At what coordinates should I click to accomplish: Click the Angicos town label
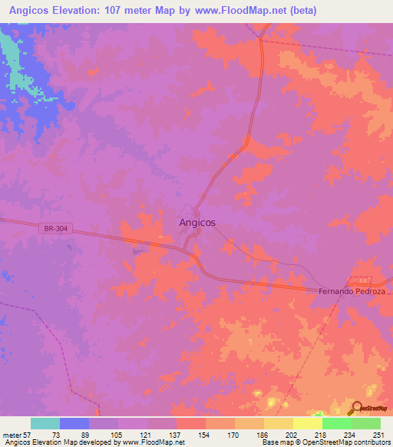196,222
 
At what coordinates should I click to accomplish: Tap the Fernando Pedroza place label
355,293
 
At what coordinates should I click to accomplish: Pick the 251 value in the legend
379,434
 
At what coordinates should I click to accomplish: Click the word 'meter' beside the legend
11,434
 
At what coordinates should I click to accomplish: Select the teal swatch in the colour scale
45,423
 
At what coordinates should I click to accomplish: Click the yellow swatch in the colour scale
278,423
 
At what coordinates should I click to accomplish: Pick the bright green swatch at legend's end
366,423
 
